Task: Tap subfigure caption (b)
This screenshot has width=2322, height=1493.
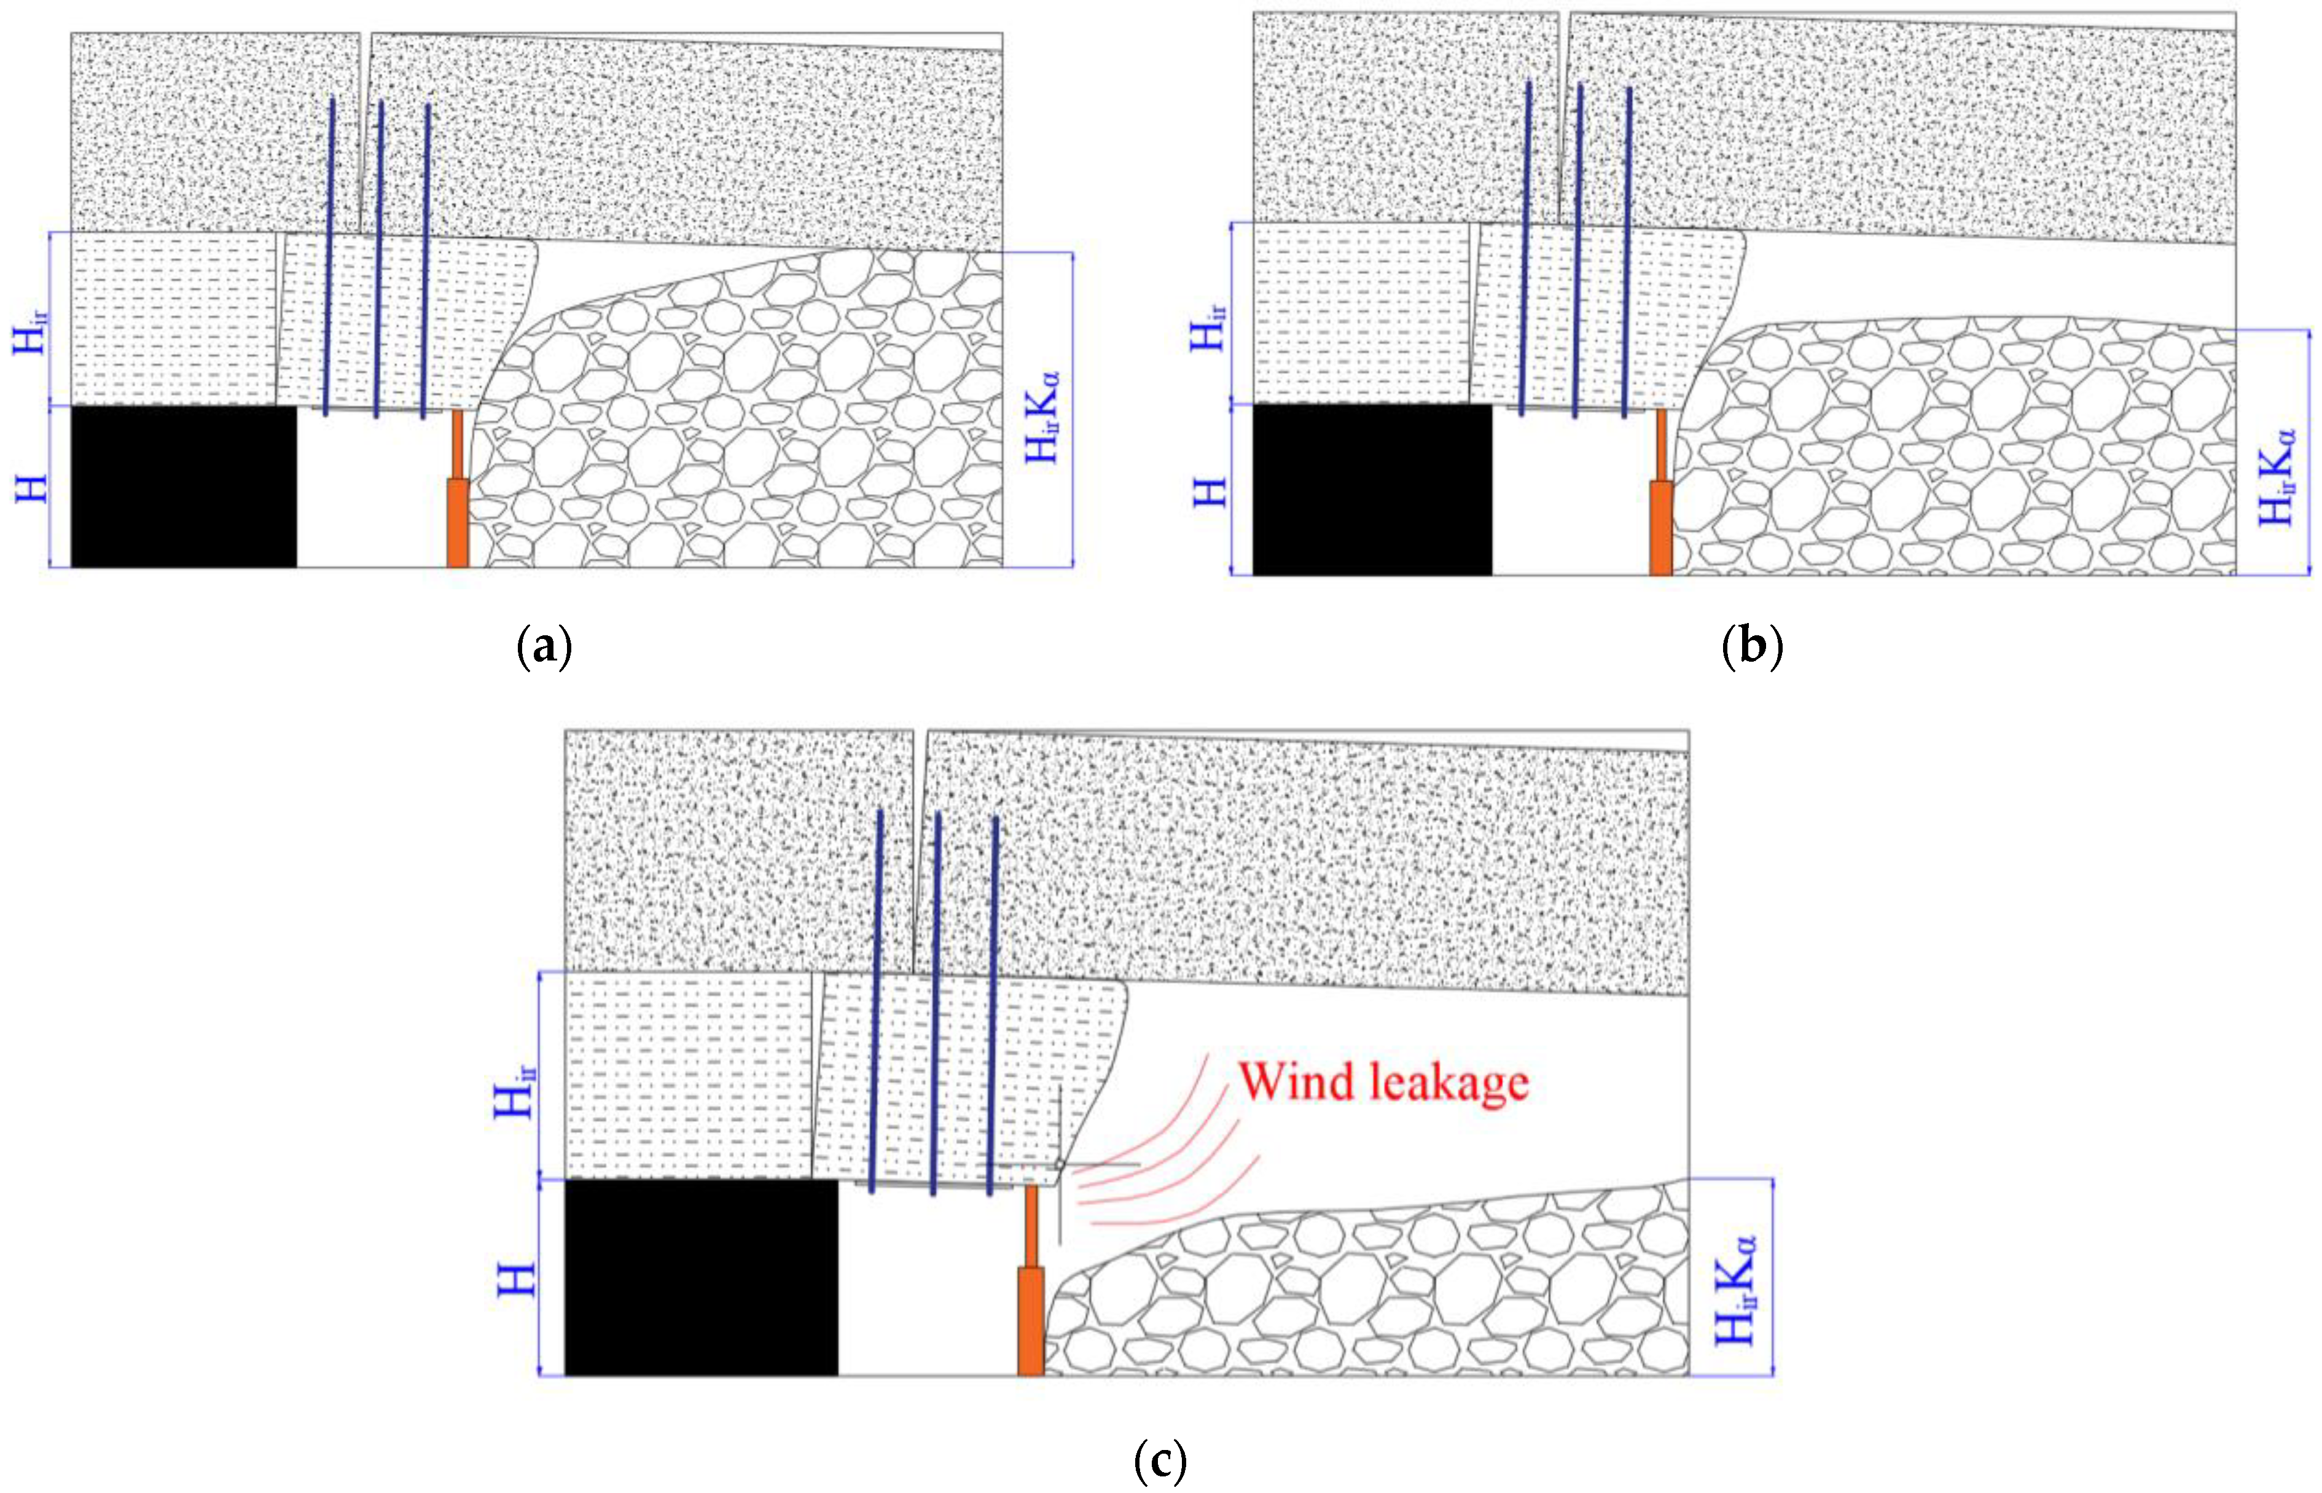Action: click(x=1751, y=646)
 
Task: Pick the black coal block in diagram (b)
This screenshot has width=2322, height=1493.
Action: click(x=1372, y=490)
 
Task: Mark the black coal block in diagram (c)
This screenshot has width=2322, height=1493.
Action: click(x=701, y=1277)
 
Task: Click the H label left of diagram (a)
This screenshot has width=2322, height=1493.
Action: click(x=32, y=487)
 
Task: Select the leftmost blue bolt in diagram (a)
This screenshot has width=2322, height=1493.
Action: click(x=329, y=257)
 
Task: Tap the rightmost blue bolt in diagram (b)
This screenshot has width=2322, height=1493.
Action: click(x=1627, y=250)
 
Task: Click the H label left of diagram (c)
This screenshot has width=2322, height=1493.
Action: click(x=517, y=1279)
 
